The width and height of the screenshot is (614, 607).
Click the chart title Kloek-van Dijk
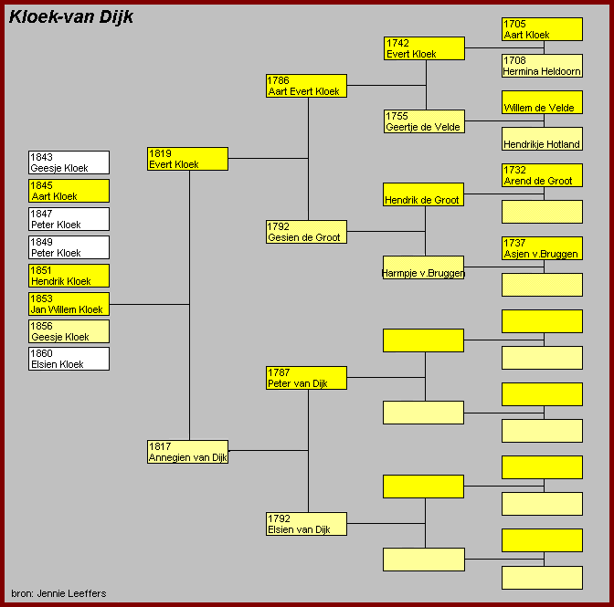[x=71, y=17]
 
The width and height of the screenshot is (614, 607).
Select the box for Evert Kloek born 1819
[x=187, y=159]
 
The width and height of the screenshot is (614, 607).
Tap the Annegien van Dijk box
[x=187, y=452]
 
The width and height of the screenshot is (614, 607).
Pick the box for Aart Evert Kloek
[x=306, y=86]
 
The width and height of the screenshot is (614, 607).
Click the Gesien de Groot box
[x=306, y=232]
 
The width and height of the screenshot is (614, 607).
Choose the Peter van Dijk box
[x=306, y=378]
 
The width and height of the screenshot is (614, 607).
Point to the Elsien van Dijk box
[x=306, y=524]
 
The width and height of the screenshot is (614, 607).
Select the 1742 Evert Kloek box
[x=425, y=48]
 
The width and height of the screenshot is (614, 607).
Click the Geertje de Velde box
[x=425, y=121]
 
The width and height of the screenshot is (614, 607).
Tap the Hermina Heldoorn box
[x=543, y=66]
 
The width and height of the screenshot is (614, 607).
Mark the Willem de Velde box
[x=543, y=102]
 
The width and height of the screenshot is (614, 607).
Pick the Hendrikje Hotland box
[x=543, y=139]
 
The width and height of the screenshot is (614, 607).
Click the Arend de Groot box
[x=543, y=175]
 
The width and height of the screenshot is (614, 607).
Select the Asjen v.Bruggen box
[x=543, y=248]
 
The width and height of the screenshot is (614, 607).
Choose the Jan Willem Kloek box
[x=69, y=304]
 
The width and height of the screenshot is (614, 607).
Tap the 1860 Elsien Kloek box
[x=69, y=359]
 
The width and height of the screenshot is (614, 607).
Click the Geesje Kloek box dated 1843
[x=69, y=162]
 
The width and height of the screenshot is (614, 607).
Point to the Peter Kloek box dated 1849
[x=69, y=247]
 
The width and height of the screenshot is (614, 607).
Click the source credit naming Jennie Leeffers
[x=58, y=593]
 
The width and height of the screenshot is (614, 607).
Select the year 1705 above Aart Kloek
[x=514, y=24]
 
